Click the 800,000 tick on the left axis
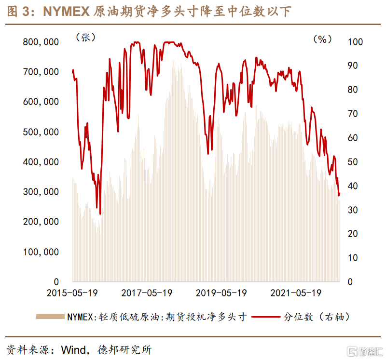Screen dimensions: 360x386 pyautogui.click(x=41, y=42)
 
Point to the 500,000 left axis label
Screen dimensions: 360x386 pyautogui.click(x=41, y=132)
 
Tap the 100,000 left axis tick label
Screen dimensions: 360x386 pyautogui.click(x=41, y=252)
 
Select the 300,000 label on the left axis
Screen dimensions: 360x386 pyautogui.click(x=41, y=192)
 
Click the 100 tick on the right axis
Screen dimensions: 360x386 pyautogui.click(x=355, y=42)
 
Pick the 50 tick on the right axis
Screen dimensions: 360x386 pyautogui.click(x=353, y=162)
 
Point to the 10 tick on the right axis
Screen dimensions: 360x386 pyautogui.click(x=353, y=258)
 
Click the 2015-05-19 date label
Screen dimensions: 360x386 pyautogui.click(x=72, y=293)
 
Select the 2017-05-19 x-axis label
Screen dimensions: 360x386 pyautogui.click(x=147, y=293)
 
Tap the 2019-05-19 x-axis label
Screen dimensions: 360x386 pyautogui.click(x=221, y=293)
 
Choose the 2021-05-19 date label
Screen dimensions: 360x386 pyautogui.click(x=296, y=293)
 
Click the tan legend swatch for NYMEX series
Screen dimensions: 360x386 pyautogui.click(x=50, y=317)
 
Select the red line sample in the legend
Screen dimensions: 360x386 pyautogui.click(x=264, y=317)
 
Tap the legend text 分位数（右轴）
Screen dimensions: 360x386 pyautogui.click(x=316, y=317)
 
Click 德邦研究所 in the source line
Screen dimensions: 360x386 pyautogui.click(x=124, y=349)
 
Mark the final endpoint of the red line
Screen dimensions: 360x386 pyautogui.click(x=340, y=194)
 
